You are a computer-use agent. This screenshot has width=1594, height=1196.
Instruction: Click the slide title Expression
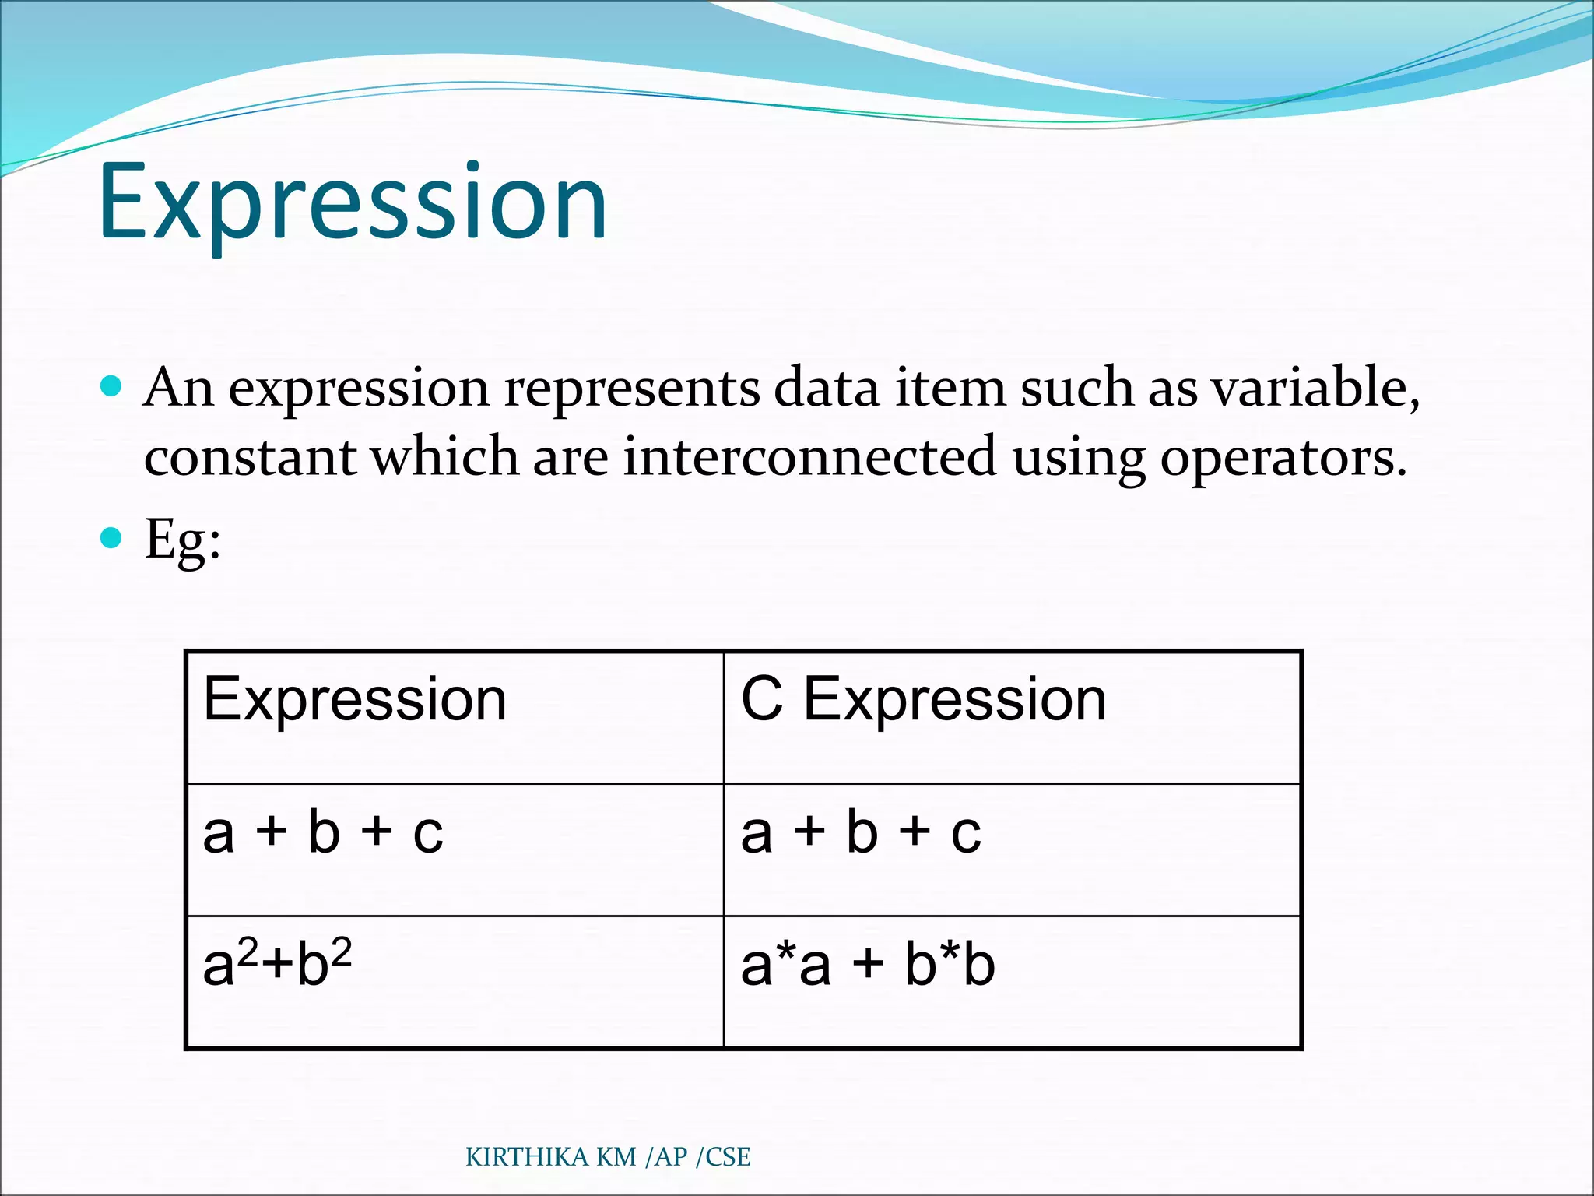[352, 201]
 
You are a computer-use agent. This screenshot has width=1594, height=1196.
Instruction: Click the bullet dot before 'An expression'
[112, 385]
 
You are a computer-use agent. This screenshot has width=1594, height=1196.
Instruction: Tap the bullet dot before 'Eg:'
[112, 537]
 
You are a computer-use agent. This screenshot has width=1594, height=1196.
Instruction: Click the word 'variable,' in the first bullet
[1315, 387]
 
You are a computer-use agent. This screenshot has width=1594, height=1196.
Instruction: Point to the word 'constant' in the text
[250, 457]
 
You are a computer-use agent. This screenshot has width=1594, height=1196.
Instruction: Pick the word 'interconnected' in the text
[809, 457]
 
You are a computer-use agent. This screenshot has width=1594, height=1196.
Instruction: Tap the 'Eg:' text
[183, 540]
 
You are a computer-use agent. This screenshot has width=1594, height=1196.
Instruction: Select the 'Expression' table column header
[355, 699]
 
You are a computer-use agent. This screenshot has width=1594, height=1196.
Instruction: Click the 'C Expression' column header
[923, 699]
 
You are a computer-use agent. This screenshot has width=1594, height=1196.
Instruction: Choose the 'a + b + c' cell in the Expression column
[322, 832]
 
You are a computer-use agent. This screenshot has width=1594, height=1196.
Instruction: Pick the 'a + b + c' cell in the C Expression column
[861, 832]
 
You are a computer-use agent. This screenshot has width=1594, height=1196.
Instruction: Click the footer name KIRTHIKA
[527, 1157]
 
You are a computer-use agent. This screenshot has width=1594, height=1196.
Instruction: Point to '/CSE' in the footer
[723, 1157]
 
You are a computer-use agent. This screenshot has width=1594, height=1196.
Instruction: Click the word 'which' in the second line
[444, 457]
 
